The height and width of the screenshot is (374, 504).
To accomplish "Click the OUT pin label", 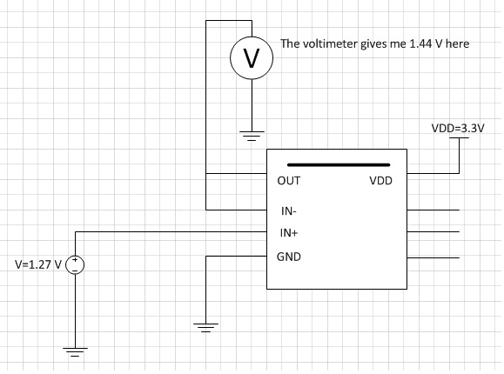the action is click(289, 181).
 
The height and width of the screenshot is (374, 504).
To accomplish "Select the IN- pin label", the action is click(289, 211).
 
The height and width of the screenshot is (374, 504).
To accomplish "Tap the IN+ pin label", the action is click(289, 232).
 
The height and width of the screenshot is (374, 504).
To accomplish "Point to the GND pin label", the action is click(289, 257).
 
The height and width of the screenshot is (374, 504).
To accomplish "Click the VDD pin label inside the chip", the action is click(381, 181).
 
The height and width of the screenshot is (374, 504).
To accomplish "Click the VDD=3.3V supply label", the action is click(458, 128).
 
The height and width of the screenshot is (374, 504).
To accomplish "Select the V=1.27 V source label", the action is click(38, 264).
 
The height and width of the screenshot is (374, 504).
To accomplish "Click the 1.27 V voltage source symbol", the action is click(75, 265).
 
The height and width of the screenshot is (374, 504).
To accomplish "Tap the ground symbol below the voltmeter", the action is click(252, 136).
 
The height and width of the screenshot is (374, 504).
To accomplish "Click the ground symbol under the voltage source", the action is click(75, 352).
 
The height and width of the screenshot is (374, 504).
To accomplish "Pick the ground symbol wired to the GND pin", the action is click(205, 328).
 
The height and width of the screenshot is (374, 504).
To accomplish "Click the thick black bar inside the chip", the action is click(339, 165).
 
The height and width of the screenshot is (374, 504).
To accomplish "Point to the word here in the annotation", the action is click(457, 43).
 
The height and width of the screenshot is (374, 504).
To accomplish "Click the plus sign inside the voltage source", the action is click(75, 259).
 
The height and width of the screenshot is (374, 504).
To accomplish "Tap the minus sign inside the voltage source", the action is click(75, 270).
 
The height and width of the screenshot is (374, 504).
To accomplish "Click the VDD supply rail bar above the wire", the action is click(459, 137).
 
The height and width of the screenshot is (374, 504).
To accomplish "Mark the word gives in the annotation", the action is click(373, 44).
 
